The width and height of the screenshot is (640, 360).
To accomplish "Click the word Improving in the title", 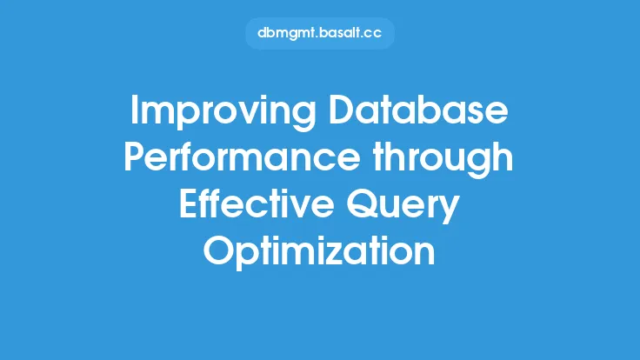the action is click(223, 113).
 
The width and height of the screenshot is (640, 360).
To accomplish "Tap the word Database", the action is click(418, 110).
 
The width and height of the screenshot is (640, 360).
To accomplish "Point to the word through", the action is click(443, 160).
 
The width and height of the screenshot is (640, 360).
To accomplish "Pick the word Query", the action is click(403, 207).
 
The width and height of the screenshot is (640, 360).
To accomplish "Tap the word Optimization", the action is click(319, 252).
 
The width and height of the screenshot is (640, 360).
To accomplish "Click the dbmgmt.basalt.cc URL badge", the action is click(320, 33).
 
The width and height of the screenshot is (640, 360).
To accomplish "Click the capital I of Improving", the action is click(133, 110).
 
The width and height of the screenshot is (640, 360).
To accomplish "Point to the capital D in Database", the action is click(342, 110).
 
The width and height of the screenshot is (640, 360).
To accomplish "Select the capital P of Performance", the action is click(135, 157).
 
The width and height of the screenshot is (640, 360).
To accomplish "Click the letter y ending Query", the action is click(450, 210).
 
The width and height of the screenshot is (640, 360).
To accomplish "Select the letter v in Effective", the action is click(300, 208).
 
